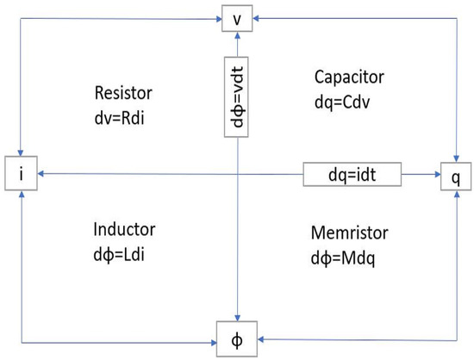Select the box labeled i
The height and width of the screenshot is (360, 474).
18,174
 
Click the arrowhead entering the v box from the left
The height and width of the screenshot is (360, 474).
217,17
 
